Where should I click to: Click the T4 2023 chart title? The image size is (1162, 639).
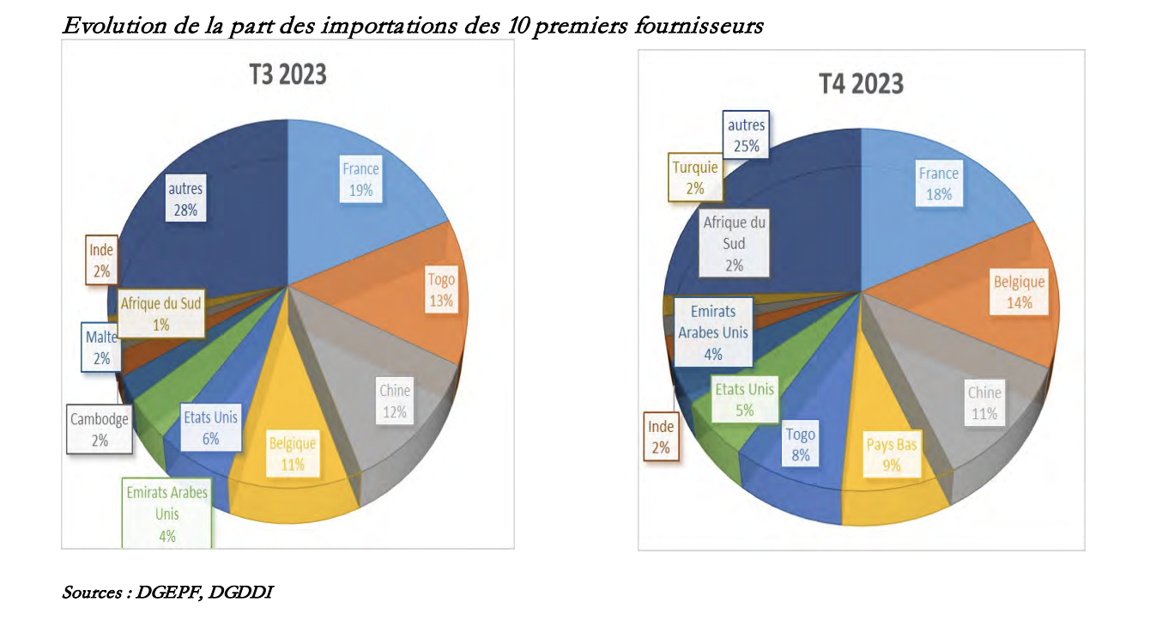tap(861, 83)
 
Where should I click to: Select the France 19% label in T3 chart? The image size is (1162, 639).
tap(360, 180)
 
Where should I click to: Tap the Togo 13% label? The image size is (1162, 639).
tap(441, 289)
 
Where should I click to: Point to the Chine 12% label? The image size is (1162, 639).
tap(395, 401)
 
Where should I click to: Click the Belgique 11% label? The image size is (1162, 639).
tap(293, 454)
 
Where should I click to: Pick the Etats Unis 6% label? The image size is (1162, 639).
tap(210, 428)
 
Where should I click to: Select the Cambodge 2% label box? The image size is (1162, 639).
tap(100, 429)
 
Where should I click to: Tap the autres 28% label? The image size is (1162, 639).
tap(185, 198)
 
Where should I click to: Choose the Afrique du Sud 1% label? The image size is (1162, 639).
tap(160, 313)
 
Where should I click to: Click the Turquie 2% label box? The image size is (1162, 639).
tap(695, 178)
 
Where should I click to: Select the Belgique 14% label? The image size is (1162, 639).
tap(1020, 292)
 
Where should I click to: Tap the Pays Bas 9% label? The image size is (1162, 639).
tap(892, 455)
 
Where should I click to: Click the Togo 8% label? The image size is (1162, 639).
tap(801, 445)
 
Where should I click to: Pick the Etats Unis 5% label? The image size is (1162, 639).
tap(745, 399)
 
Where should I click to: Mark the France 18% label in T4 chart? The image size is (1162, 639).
tap(939, 184)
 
